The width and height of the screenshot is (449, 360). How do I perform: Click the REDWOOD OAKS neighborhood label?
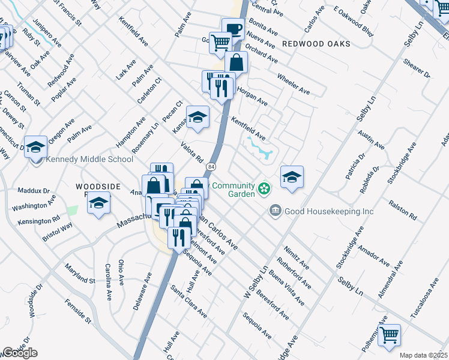click(x=316, y=44)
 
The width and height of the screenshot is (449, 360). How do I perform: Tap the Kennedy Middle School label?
click(x=88, y=160)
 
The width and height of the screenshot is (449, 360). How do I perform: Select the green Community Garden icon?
click(x=263, y=190)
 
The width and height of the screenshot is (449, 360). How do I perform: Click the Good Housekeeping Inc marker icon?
click(x=275, y=211)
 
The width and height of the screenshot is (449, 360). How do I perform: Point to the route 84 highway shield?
click(x=211, y=166)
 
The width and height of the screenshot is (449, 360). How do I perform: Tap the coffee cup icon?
click(x=233, y=29)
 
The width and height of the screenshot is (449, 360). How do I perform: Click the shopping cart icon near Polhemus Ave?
click(x=390, y=336)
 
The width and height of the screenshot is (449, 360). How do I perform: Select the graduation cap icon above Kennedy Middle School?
click(x=35, y=146)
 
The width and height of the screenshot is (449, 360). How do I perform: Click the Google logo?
click(x=20, y=353)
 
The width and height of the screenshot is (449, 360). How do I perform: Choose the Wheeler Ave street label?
click(x=293, y=84)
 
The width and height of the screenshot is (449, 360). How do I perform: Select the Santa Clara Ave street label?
click(x=188, y=301)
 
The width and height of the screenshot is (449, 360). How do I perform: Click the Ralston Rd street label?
click(x=403, y=209)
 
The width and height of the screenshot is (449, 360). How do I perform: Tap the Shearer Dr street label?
click(x=417, y=68)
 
